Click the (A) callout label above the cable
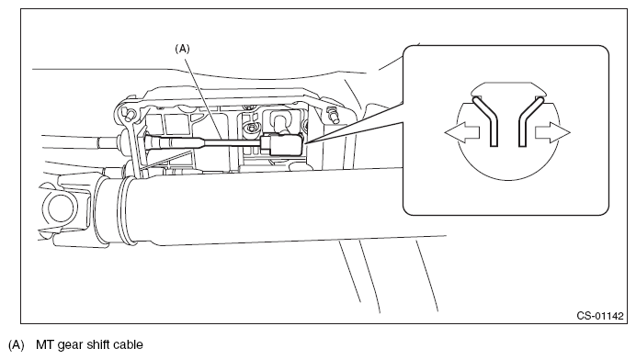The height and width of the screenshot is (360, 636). tap(182, 49)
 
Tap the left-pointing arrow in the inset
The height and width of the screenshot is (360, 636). tap(462, 132)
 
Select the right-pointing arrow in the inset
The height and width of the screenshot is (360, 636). tap(553, 132)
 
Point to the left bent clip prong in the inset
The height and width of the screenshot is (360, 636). tap(485, 121)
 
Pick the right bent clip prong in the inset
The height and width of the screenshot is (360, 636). tap(529, 121)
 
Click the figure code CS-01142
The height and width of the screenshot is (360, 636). tap(600, 316)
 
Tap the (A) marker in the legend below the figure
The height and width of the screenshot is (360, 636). tap(17, 345)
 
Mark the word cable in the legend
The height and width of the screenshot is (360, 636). tap(128, 345)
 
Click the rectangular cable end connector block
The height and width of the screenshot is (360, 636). tap(282, 145)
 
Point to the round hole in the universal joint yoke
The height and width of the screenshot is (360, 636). tap(61, 208)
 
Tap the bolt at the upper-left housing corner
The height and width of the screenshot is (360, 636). tap(128, 113)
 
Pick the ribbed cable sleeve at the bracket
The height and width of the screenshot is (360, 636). tap(173, 142)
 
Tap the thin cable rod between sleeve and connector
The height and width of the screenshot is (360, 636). tap(232, 142)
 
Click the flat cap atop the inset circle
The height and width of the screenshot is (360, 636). tap(508, 89)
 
